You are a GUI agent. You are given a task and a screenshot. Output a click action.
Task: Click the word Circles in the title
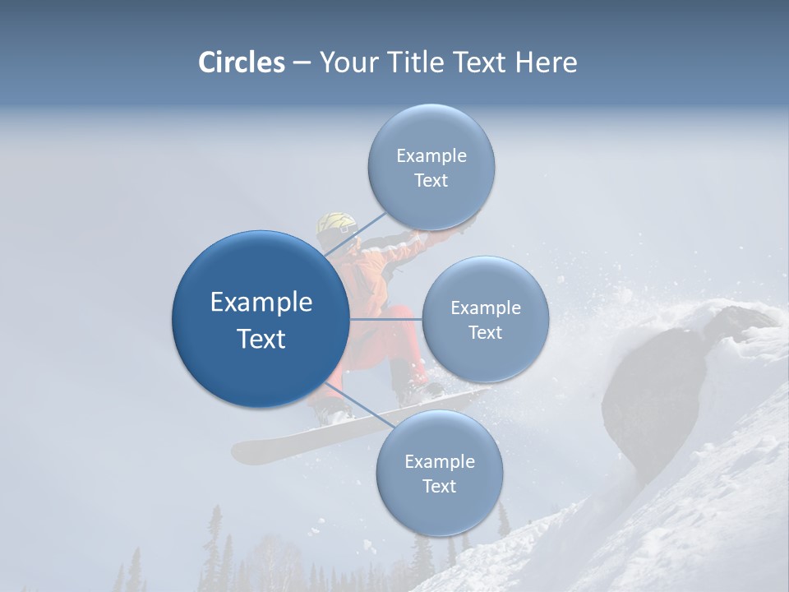241,62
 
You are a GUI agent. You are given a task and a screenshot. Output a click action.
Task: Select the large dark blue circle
261,319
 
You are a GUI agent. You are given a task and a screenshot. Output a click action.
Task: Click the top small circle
431,167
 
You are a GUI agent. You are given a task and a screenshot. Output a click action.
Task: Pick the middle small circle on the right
485,319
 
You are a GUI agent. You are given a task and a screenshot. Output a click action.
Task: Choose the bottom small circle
439,473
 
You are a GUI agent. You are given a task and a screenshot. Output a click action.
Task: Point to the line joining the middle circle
385,319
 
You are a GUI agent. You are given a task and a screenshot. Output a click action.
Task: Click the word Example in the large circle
261,303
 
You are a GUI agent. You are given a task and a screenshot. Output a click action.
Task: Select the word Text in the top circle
431,181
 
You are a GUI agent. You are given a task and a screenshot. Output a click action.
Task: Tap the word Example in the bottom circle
439,461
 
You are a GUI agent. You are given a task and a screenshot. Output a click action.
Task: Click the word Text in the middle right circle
485,333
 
